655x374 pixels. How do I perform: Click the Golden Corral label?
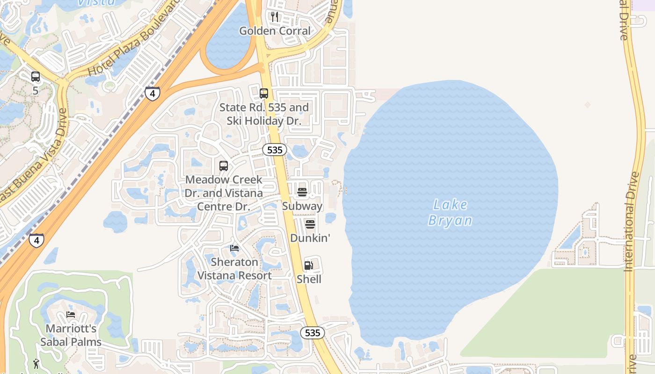275,31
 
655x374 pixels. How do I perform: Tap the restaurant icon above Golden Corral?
275,17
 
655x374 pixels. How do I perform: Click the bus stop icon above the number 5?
35,77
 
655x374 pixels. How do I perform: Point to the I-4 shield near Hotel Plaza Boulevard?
152,93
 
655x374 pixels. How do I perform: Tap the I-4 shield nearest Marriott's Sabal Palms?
36,240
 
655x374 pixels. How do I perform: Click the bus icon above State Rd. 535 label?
264,93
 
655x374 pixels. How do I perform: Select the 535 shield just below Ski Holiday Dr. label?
274,150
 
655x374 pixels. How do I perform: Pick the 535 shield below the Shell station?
312,332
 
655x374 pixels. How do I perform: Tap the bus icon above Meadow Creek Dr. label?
224,166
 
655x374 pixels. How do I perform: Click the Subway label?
302,206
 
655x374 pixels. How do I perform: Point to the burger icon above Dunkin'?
310,224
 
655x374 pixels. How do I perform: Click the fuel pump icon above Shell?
308,266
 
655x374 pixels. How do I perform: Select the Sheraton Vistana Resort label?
234,269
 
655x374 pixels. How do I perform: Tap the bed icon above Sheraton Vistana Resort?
234,248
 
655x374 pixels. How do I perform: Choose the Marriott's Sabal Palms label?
71,335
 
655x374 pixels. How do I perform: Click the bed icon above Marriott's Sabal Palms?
71,315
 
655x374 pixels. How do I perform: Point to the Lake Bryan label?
450,213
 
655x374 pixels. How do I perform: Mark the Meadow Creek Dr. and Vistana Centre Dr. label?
224,193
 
